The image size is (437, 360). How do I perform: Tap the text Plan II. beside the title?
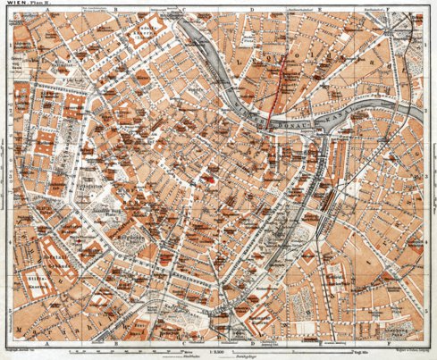pos(34,4)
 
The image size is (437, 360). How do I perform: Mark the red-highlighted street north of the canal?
pos(282,89)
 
